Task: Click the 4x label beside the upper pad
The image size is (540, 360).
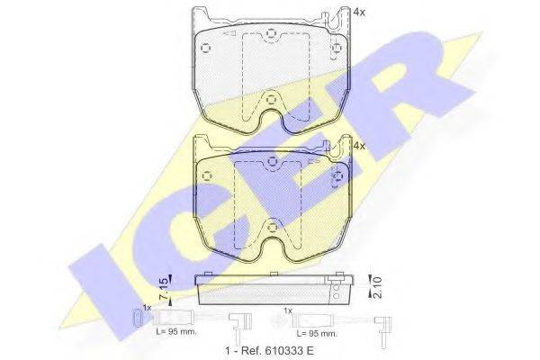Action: coord(359,13)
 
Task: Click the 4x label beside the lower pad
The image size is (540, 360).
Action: coord(359,146)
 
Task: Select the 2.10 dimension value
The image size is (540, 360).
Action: coord(377,288)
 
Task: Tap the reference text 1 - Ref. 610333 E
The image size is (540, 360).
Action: coord(269,351)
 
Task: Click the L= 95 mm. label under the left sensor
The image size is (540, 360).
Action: coord(176,332)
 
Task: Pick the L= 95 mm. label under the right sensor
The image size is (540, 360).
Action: coord(317,334)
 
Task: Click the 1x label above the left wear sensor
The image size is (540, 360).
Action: coord(147,308)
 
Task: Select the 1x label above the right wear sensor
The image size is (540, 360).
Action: coord(288,310)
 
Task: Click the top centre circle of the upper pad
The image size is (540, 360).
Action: coord(272,34)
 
